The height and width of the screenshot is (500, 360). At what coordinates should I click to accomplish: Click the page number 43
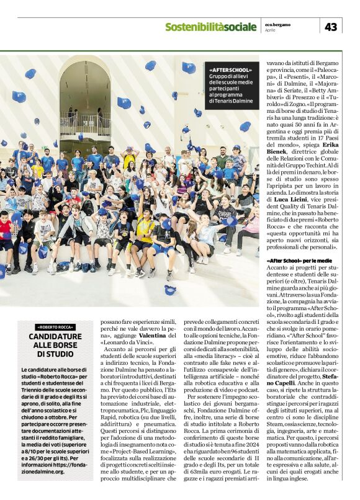click(331, 27)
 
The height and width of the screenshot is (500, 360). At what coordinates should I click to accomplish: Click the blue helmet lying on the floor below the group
click(169, 289)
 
